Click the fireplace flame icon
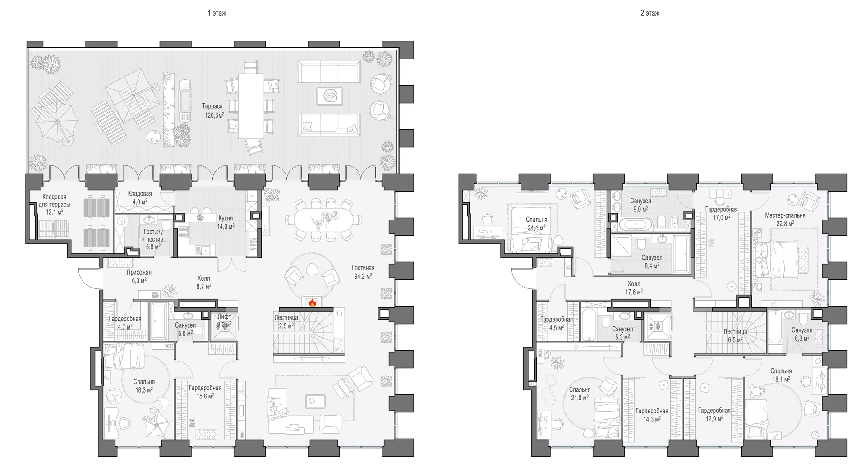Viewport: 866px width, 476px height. [312, 302]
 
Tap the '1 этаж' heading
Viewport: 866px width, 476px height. [217, 14]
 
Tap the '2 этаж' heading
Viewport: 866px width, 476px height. [650, 14]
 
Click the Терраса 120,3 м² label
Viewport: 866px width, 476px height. [213, 110]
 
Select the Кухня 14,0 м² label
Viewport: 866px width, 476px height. [226, 222]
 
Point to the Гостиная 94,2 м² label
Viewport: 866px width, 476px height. [363, 272]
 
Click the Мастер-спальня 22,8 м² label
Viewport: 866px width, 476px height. [785, 219]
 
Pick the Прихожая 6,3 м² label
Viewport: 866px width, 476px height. [139, 276]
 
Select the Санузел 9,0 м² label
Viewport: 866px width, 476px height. [640, 205]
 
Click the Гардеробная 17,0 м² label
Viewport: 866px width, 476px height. [722, 213]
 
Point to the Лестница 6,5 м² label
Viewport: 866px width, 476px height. [735, 335]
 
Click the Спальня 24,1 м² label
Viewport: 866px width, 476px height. [536, 224]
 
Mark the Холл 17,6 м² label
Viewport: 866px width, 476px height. [634, 288]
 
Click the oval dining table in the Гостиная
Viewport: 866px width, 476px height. [324, 220]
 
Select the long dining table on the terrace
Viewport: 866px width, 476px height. [251, 106]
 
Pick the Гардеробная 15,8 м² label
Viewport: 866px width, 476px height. [205, 392]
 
